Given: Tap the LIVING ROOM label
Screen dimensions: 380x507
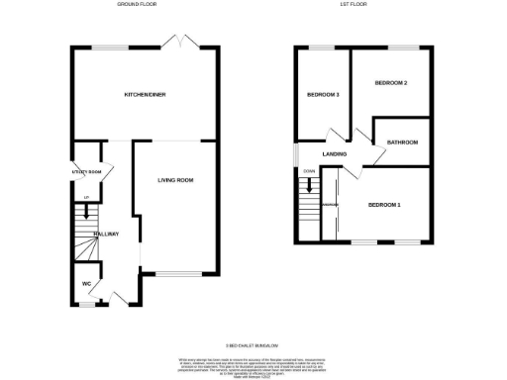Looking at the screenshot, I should [x=175, y=180].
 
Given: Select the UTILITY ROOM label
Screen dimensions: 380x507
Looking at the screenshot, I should [x=87, y=173].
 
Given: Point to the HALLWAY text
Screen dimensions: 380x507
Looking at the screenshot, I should [x=106, y=234].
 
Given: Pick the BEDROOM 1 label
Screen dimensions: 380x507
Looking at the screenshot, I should [x=384, y=205].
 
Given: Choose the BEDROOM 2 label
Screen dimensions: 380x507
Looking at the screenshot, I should [x=391, y=83].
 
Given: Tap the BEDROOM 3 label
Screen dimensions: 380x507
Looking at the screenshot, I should [x=323, y=95].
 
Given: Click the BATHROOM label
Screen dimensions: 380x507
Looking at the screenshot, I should [x=402, y=142].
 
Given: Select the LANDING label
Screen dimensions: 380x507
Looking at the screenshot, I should [x=333, y=153].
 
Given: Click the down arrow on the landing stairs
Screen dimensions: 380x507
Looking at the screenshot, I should [x=306, y=183].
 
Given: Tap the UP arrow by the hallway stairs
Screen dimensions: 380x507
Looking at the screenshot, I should [x=86, y=206].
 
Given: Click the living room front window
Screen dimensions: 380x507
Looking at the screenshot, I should [x=174, y=272].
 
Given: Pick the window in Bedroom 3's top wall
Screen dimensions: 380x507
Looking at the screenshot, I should [x=322, y=47].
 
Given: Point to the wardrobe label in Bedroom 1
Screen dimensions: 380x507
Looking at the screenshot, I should [x=331, y=205].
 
